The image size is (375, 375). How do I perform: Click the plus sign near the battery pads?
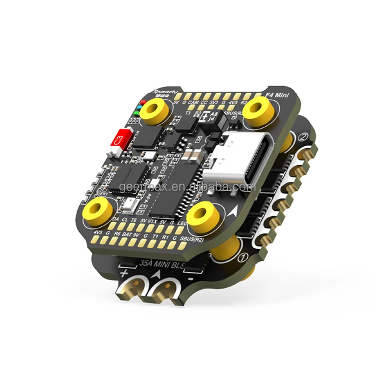click(x=123, y=273)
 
